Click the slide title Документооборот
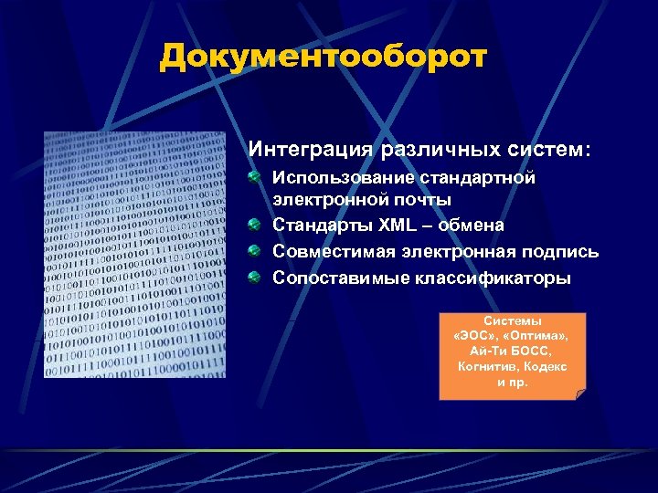coord(323,57)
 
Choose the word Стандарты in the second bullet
coord(317,225)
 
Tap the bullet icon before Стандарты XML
coord(255,224)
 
